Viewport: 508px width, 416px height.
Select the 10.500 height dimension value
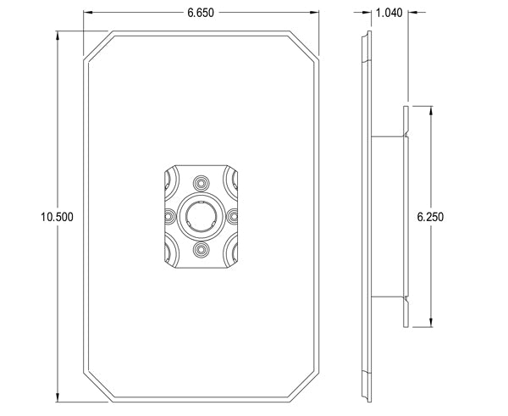click(x=57, y=217)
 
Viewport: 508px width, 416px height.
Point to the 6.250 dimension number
click(x=431, y=217)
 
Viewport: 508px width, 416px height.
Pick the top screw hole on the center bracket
click(x=202, y=182)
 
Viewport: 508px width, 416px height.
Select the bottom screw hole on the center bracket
click(x=202, y=250)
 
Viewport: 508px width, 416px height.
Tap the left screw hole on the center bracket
click(x=168, y=216)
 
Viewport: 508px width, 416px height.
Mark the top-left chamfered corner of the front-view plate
click(x=97, y=46)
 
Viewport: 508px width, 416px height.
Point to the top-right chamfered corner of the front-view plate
click(x=306, y=46)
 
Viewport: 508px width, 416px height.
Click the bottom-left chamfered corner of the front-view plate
click(x=97, y=386)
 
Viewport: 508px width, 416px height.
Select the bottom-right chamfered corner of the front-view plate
click(x=306, y=386)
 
